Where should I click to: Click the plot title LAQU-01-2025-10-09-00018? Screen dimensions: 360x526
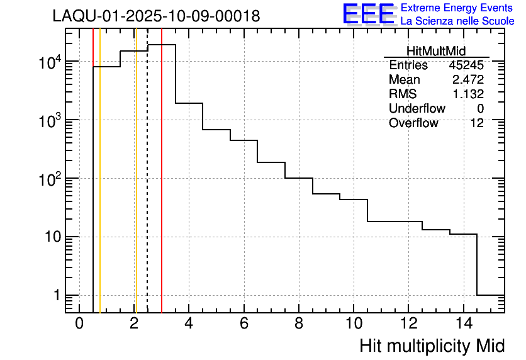coord(156,16)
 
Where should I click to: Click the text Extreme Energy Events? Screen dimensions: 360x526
coord(457,8)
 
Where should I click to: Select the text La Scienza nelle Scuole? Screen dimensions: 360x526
coord(457,21)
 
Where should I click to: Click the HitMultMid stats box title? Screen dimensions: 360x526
coord(436,52)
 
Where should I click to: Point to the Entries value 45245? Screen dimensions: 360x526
coord(466,65)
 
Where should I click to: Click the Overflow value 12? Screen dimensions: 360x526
coord(477,123)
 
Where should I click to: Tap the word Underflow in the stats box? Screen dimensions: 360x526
coord(417,108)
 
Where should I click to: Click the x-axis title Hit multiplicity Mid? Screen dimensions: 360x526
coord(432,346)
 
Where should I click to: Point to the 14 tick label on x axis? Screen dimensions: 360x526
coord(463,323)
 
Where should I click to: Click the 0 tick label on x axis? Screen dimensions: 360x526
coord(79,323)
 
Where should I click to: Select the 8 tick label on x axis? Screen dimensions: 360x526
coord(298,323)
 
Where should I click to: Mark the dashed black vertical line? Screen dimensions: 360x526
coord(147,189)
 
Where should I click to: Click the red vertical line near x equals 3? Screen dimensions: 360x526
coord(162,189)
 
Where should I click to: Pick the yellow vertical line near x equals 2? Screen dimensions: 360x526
coord(136,189)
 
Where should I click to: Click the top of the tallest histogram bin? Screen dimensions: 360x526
coord(162,45)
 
